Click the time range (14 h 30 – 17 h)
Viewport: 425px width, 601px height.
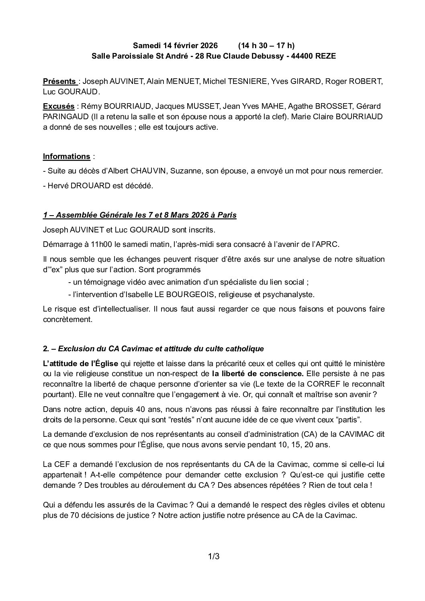(x=266, y=45)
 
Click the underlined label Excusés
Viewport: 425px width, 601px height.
(x=59, y=106)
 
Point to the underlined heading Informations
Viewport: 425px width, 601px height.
(x=66, y=156)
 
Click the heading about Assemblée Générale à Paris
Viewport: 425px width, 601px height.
(x=140, y=215)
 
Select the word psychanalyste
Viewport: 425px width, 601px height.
(x=288, y=294)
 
